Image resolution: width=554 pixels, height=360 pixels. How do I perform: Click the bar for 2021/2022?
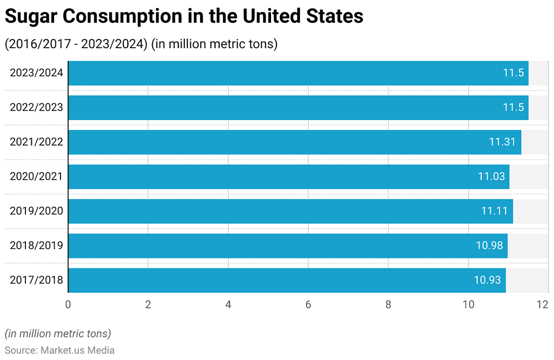[x=294, y=142]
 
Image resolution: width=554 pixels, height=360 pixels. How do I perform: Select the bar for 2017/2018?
[x=287, y=280]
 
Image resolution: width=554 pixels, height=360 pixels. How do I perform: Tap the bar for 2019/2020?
[x=290, y=211]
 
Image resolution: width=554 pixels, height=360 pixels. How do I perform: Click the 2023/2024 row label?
[x=36, y=73]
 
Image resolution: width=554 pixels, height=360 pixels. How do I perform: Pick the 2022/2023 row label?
[x=36, y=107]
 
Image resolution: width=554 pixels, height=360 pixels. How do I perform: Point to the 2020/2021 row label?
[x=36, y=176]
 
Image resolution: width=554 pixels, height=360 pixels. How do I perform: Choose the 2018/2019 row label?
[x=36, y=245]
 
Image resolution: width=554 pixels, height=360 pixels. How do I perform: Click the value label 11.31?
[x=503, y=142]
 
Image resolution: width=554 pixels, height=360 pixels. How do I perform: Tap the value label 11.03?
[x=491, y=176]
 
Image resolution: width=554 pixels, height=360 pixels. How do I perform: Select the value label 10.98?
[x=489, y=245]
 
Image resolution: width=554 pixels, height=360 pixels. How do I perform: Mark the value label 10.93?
[x=487, y=280]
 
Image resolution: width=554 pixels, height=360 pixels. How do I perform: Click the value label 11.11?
[x=494, y=211]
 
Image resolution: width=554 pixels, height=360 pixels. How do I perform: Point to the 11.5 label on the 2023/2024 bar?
[x=513, y=73]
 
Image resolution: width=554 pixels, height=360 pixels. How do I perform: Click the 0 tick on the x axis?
[x=68, y=305]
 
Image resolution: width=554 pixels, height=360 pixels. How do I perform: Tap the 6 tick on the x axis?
[x=308, y=305]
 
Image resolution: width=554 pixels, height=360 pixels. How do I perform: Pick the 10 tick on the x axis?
[x=469, y=305]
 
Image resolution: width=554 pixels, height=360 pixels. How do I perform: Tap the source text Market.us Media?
[x=77, y=350]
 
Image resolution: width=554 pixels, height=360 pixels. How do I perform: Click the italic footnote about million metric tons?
[x=58, y=333]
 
